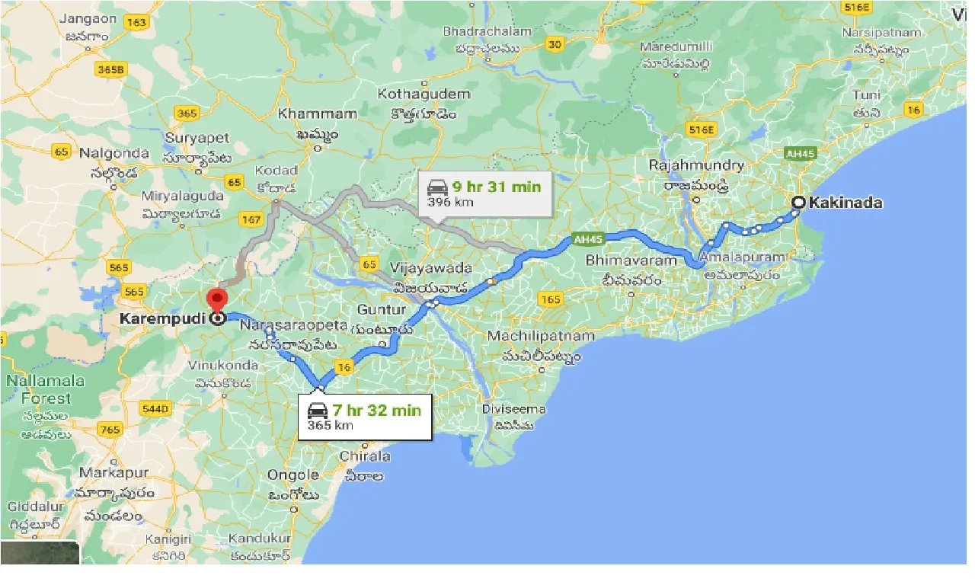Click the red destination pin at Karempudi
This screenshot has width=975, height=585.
click(x=218, y=299)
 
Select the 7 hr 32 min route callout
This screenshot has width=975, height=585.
click(x=364, y=417)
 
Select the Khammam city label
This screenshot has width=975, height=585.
click(x=317, y=114)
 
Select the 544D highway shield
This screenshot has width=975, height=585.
click(x=154, y=409)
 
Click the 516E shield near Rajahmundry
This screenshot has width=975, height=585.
click(x=699, y=129)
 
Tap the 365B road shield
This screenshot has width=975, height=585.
click(x=110, y=70)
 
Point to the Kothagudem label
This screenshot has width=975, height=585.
click(x=424, y=94)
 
